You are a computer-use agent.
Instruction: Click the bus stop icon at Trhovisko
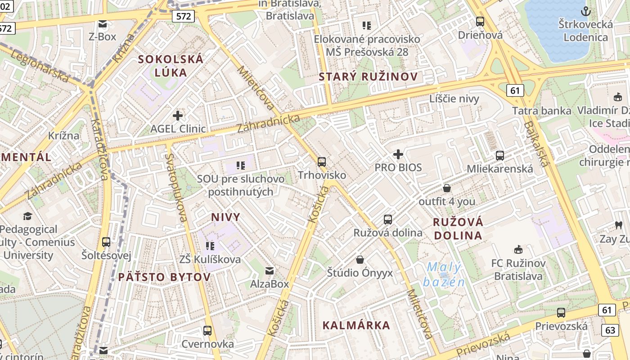(x=321, y=162)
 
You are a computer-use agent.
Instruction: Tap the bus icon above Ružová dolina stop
(x=387, y=220)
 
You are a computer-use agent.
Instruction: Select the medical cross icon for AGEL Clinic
(x=178, y=116)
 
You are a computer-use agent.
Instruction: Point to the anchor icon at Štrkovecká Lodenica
(x=585, y=11)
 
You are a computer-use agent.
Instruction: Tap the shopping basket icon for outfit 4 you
(x=446, y=188)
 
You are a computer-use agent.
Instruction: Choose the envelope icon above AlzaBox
(x=270, y=270)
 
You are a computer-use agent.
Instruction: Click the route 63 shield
(x=610, y=330)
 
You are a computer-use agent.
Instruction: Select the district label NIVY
(x=225, y=217)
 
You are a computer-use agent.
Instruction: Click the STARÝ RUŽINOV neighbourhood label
(x=368, y=77)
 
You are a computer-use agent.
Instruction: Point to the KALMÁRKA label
(x=356, y=325)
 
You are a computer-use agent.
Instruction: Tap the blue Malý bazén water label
(x=444, y=274)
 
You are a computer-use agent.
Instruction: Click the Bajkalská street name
(x=537, y=144)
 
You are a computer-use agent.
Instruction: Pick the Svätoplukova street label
(x=176, y=188)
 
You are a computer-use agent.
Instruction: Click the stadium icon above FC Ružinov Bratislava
(x=518, y=250)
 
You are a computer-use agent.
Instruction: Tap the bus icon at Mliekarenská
(x=499, y=156)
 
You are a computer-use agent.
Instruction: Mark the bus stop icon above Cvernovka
(x=207, y=331)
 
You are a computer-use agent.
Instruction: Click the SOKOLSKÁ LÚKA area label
(x=171, y=65)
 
